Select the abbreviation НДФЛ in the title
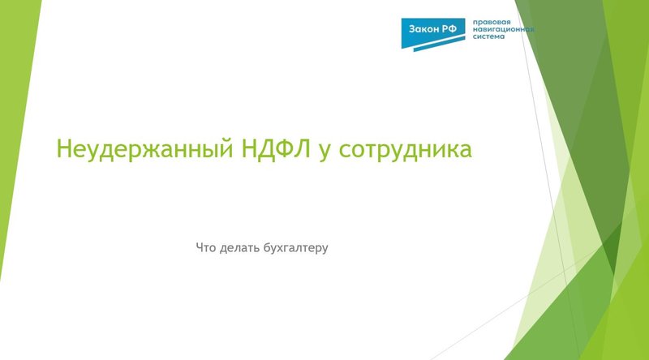tap(266, 150)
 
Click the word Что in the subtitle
tap(206, 246)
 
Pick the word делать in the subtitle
tap(240, 246)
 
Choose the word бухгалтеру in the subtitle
tap(295, 246)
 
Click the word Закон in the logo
tap(425, 28)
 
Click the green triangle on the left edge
tap(16, 122)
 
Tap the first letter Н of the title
tap(62, 151)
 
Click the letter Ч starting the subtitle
tap(200, 246)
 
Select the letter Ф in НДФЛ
tap(273, 150)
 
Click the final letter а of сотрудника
tap(466, 153)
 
